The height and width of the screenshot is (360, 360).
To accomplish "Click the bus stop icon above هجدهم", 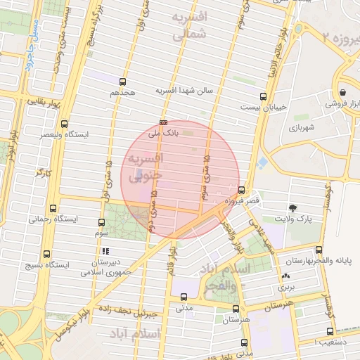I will [x=123, y=82].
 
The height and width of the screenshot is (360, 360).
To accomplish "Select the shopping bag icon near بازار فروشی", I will [x=342, y=92].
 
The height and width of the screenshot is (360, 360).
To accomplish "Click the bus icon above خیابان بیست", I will [x=264, y=96].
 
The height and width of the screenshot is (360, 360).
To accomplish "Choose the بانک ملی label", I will [x=165, y=131].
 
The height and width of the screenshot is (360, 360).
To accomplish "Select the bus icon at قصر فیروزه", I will [x=241, y=190].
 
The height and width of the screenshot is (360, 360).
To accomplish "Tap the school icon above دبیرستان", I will [x=105, y=250].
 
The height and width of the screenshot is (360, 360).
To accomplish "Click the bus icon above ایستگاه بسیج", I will [x=47, y=255].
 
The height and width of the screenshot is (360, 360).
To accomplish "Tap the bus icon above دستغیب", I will [x=330, y=332].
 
